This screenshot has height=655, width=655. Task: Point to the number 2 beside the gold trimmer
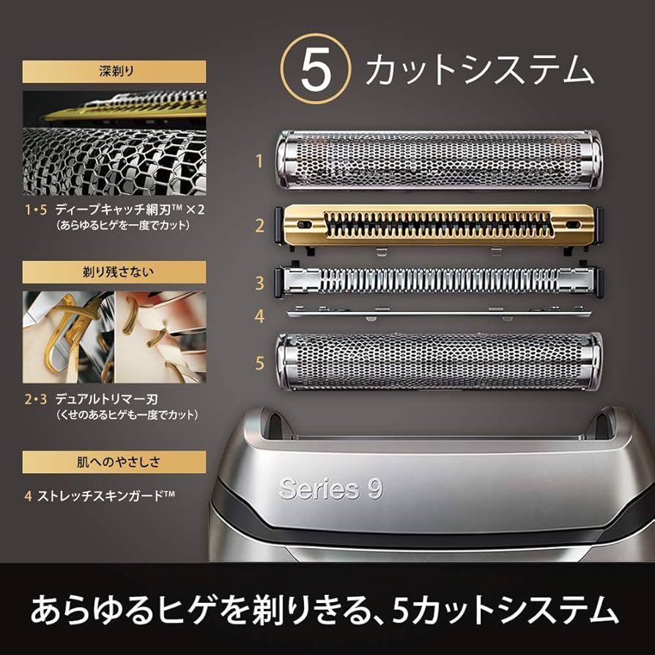pyautogui.click(x=259, y=226)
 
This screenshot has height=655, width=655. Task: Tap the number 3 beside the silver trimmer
pyautogui.click(x=259, y=282)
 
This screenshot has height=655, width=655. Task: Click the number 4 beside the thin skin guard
pyautogui.click(x=259, y=317)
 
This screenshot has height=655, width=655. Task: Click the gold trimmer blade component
pyautogui.click(x=437, y=226)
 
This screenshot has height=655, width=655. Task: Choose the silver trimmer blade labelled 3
pyautogui.click(x=437, y=281)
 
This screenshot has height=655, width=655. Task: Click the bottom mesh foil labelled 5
pyautogui.click(x=437, y=360)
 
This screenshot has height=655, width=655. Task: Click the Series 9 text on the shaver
pyautogui.click(x=330, y=488)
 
